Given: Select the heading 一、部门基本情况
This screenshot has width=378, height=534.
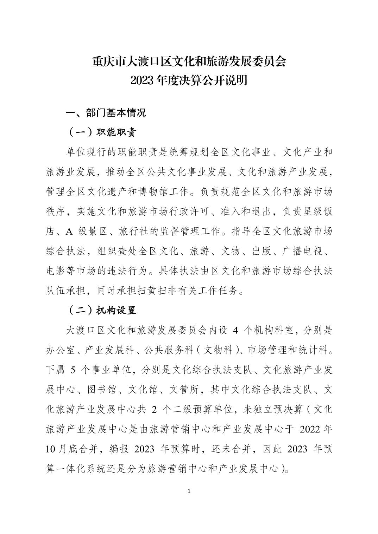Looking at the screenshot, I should [106, 113].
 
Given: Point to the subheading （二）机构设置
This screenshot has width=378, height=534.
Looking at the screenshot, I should [101, 310].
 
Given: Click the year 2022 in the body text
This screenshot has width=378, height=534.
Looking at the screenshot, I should [311, 429].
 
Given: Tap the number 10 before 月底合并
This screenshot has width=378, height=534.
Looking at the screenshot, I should [51, 449].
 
